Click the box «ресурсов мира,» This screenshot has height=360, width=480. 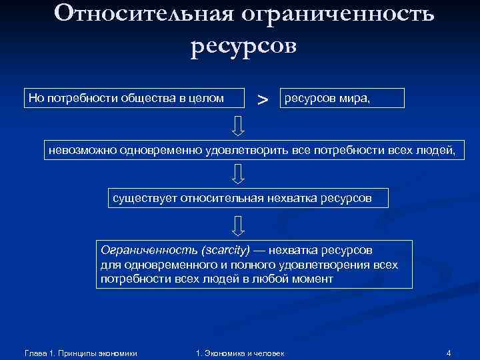(342, 98)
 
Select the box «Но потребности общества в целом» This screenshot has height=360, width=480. (125, 98)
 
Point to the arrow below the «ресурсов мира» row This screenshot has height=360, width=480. (238, 124)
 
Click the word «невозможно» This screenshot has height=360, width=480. (81, 150)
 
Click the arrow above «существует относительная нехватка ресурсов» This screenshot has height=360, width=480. (238, 175)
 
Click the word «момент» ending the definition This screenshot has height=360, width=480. (313, 279)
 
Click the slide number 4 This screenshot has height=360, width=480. (449, 352)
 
